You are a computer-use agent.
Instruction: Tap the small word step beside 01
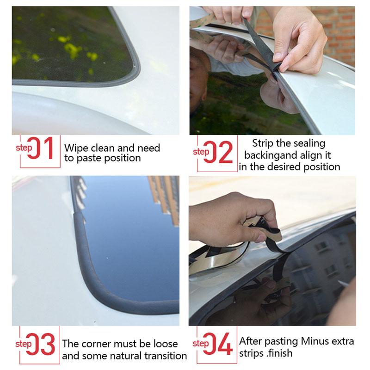click(x=24, y=148)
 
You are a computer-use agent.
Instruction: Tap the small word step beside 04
click(x=200, y=343)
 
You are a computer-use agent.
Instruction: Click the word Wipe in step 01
click(x=75, y=148)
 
